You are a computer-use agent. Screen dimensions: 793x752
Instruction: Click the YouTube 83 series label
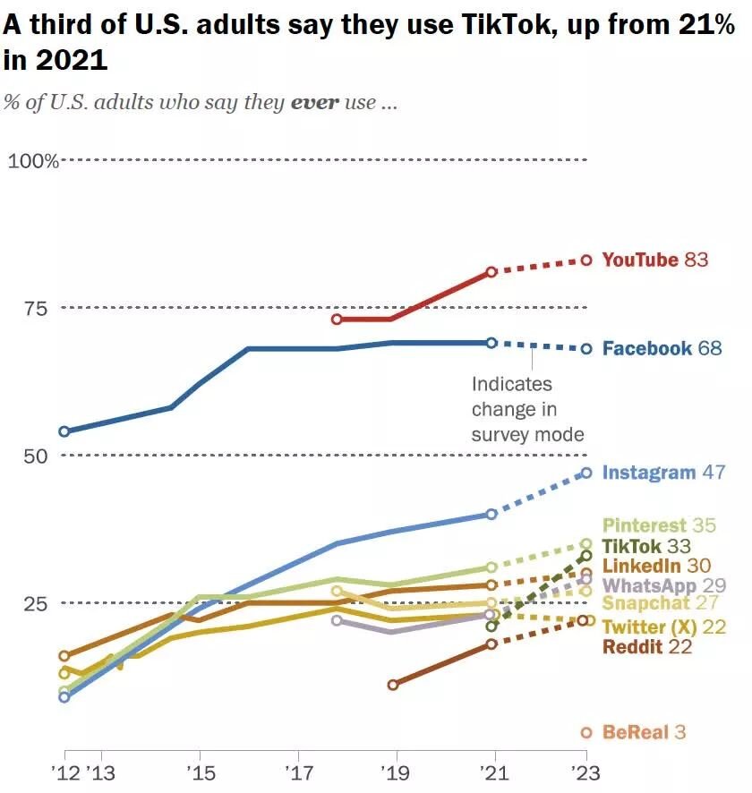point(654,260)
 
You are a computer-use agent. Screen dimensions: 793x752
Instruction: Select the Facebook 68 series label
point(662,348)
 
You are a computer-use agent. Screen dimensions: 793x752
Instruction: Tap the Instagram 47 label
point(662,472)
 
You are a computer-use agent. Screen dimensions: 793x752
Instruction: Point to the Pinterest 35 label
point(659,525)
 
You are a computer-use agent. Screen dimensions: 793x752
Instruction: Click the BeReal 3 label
point(644,732)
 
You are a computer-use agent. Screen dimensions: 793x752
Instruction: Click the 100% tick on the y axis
point(33,161)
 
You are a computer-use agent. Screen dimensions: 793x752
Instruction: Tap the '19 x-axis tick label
point(393,771)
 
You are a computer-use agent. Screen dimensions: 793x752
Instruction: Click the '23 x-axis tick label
point(587,771)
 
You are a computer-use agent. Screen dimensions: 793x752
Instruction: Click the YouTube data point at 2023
point(587,260)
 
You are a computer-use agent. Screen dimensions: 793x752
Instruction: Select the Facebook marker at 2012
point(64,431)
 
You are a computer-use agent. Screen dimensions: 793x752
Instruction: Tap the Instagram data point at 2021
point(491,514)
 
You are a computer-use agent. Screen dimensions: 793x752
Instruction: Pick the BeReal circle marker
point(587,732)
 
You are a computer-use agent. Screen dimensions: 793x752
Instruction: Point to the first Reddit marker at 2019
point(393,685)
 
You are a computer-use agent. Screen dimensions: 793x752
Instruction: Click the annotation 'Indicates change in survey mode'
point(527,409)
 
